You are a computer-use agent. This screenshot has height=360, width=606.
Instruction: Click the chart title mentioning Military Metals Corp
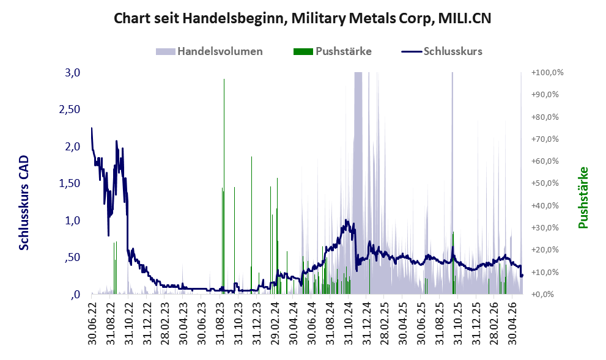[302, 18]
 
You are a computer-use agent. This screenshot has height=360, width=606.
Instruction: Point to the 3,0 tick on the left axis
[72, 73]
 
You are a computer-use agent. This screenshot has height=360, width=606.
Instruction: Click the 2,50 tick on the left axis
[69, 109]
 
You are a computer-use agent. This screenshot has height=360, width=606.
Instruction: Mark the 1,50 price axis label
[69, 183]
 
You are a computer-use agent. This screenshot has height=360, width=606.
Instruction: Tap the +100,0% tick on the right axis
[547, 73]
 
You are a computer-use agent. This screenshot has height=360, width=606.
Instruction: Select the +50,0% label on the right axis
[545, 183]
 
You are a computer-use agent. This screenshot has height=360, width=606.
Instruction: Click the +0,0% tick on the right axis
[543, 295]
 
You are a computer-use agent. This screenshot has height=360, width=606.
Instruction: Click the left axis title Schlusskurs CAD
[24, 203]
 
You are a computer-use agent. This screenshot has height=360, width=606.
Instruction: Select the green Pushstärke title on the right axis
[583, 197]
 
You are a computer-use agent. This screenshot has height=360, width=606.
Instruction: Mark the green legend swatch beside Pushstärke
[303, 51]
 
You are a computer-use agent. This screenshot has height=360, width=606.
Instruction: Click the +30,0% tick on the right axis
[545, 227]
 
